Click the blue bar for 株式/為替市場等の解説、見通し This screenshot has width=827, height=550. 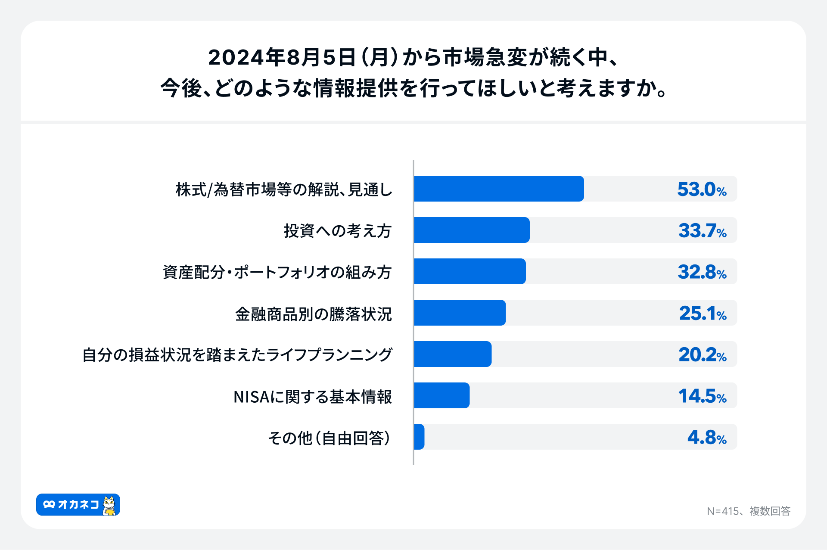[x=498, y=189]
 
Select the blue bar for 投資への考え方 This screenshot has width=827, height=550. [x=471, y=230]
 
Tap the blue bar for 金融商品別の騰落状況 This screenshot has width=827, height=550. [x=459, y=313]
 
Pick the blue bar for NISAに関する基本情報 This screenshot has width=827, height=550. [x=441, y=395]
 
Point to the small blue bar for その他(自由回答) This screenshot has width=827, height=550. [x=419, y=437]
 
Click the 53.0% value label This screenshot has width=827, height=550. [x=702, y=190]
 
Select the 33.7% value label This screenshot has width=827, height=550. [x=702, y=231]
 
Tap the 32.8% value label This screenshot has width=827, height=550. [x=702, y=272]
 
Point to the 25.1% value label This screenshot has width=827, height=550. [x=703, y=314]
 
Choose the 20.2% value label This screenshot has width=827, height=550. [x=702, y=355]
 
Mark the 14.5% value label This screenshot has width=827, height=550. [x=702, y=396]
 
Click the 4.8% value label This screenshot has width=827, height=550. [x=706, y=438]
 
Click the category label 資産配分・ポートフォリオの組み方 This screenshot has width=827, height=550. [x=277, y=272]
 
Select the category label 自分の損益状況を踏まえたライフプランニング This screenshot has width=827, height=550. [x=237, y=355]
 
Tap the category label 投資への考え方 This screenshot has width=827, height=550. [x=337, y=231]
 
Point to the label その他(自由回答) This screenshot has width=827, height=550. [x=330, y=438]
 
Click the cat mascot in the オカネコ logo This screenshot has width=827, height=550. [x=110, y=505]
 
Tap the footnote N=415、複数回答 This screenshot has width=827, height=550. [x=748, y=511]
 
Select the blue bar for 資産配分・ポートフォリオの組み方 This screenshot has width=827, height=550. [x=469, y=271]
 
